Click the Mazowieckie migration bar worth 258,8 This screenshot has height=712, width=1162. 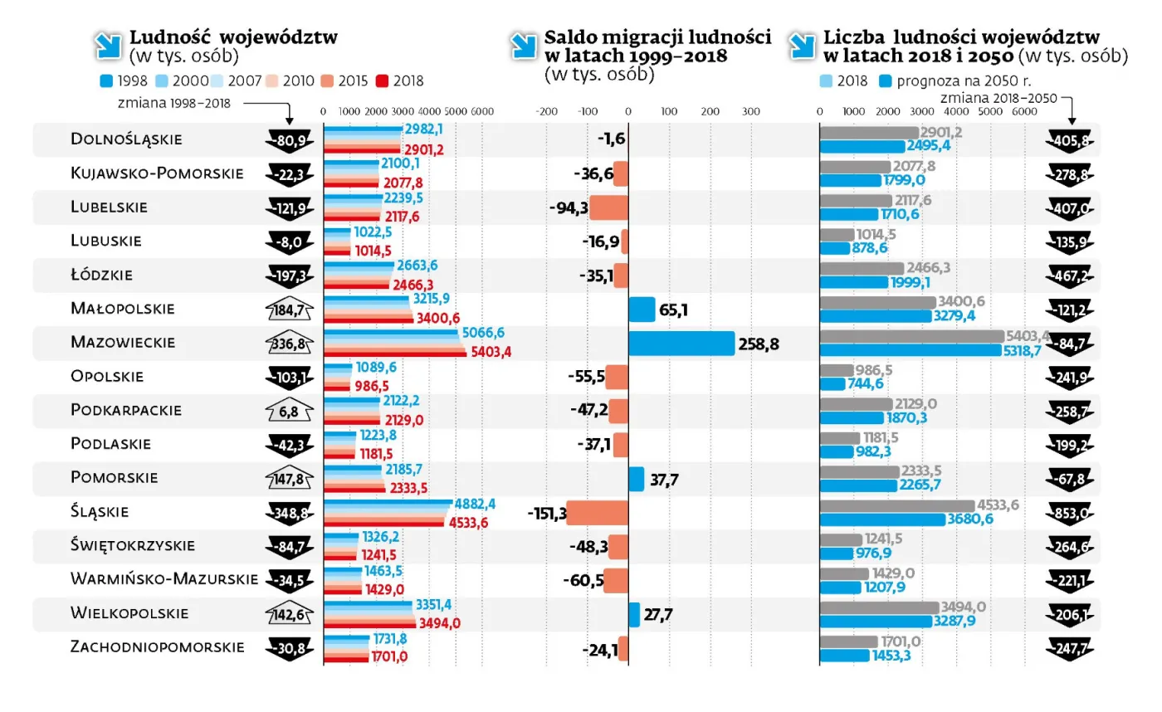click(681, 343)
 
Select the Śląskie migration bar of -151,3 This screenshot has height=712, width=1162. click(598, 513)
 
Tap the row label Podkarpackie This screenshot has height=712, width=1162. click(126, 410)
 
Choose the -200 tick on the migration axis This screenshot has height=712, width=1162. click(546, 111)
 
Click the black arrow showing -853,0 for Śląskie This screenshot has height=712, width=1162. click(1072, 513)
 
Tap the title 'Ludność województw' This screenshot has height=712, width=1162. click(233, 38)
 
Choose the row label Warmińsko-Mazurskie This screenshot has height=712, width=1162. click(164, 579)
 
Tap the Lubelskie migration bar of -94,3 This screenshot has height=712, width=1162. click(608, 207)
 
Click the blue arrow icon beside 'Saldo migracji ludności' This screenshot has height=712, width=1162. click(522, 45)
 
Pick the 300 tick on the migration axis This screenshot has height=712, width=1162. click(750, 111)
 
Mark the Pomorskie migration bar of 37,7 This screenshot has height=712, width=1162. click(636, 479)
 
